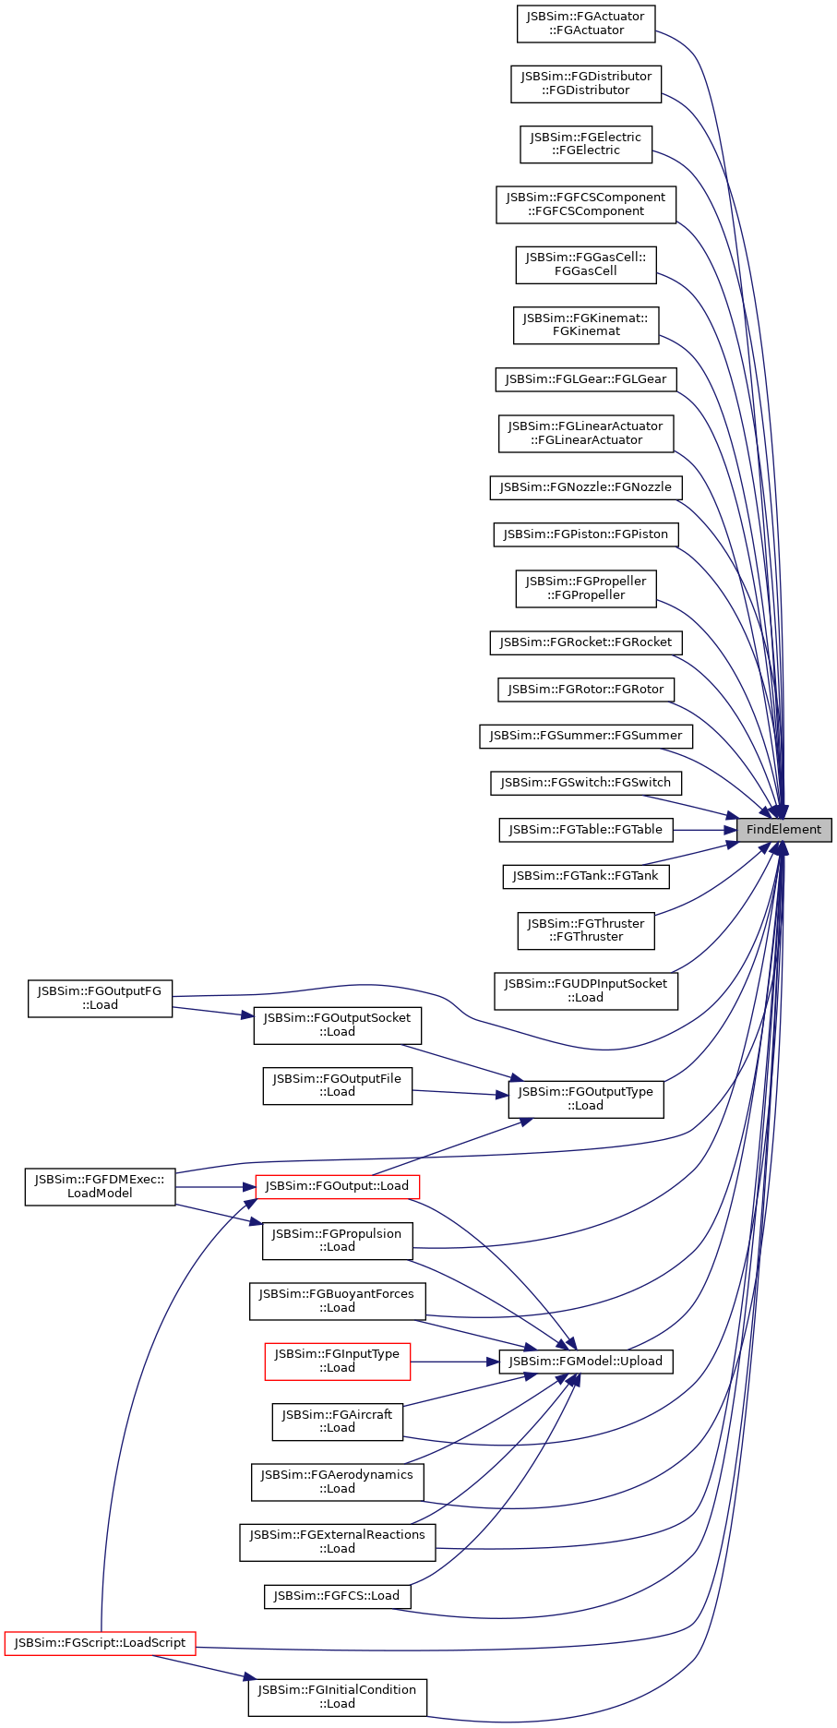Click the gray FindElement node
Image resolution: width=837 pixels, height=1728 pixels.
(783, 830)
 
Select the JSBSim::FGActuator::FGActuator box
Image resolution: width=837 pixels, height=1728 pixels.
(586, 24)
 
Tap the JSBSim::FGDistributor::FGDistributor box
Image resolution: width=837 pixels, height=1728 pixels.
(586, 84)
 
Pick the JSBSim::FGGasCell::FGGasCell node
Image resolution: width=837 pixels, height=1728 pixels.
(586, 265)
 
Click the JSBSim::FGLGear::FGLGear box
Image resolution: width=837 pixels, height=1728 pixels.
(586, 379)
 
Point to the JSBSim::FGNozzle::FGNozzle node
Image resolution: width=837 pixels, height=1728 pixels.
(586, 487)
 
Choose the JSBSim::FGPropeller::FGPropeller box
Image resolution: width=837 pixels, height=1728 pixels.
(586, 589)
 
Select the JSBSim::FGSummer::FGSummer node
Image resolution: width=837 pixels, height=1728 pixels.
(586, 736)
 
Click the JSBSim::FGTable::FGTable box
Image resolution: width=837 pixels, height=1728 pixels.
(586, 830)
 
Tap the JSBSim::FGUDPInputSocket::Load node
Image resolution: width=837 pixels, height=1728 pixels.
(586, 991)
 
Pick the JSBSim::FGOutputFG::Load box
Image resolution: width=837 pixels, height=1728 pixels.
(100, 999)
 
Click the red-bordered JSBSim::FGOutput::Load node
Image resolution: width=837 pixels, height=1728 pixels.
(337, 1186)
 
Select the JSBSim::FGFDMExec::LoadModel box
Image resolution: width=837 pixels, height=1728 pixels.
(100, 1186)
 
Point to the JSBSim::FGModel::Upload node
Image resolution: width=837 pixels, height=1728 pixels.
(586, 1362)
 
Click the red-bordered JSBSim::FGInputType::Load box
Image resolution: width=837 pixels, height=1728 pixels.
(337, 1362)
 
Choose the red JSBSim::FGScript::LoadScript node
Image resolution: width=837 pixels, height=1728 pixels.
(100, 1643)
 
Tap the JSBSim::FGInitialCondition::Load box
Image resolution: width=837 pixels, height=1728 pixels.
(337, 1698)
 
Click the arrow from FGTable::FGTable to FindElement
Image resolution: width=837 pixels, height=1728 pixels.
(704, 830)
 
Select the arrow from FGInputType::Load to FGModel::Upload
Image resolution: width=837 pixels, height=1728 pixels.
(454, 1362)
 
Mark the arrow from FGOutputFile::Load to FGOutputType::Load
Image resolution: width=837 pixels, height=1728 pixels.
(460, 1094)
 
